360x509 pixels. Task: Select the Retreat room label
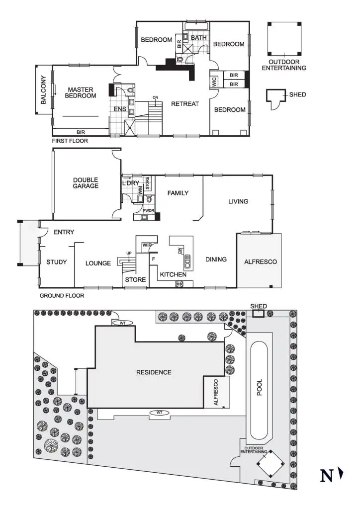click(184, 104)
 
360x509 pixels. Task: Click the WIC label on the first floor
click(214, 82)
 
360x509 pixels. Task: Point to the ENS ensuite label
click(120, 108)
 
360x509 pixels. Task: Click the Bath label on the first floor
click(198, 37)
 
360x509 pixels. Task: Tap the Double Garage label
click(86, 183)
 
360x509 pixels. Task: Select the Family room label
click(178, 193)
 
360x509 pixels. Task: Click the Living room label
click(238, 201)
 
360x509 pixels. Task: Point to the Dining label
click(216, 259)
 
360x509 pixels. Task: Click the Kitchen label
click(173, 274)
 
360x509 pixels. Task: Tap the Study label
click(57, 262)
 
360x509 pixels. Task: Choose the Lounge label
click(98, 263)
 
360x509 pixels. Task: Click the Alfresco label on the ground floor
click(260, 261)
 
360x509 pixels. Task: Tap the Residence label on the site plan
click(154, 372)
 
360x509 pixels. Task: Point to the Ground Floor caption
click(62, 295)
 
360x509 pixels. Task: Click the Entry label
click(64, 232)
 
